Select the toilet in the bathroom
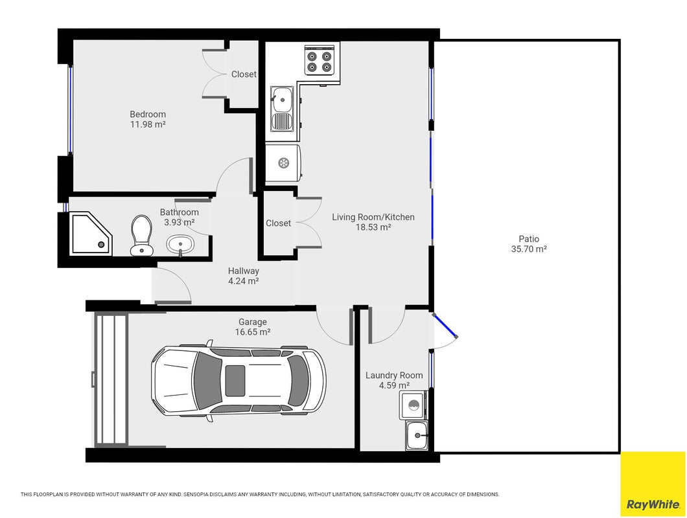[x=141, y=234]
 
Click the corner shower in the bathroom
[x=91, y=233]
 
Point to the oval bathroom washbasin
[x=180, y=244]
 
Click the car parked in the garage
[x=239, y=381]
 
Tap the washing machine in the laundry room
[x=412, y=405]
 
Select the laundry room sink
[x=417, y=435]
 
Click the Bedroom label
[x=148, y=115]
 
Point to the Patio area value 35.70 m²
[x=529, y=249]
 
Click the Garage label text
[x=252, y=322]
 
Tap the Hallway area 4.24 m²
[x=243, y=281]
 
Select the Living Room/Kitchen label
[x=373, y=217]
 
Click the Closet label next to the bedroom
[x=244, y=74]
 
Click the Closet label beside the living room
[x=278, y=223]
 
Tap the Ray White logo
[x=653, y=505]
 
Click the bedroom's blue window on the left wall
[x=69, y=109]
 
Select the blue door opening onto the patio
[x=445, y=325]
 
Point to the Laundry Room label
[x=394, y=376]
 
